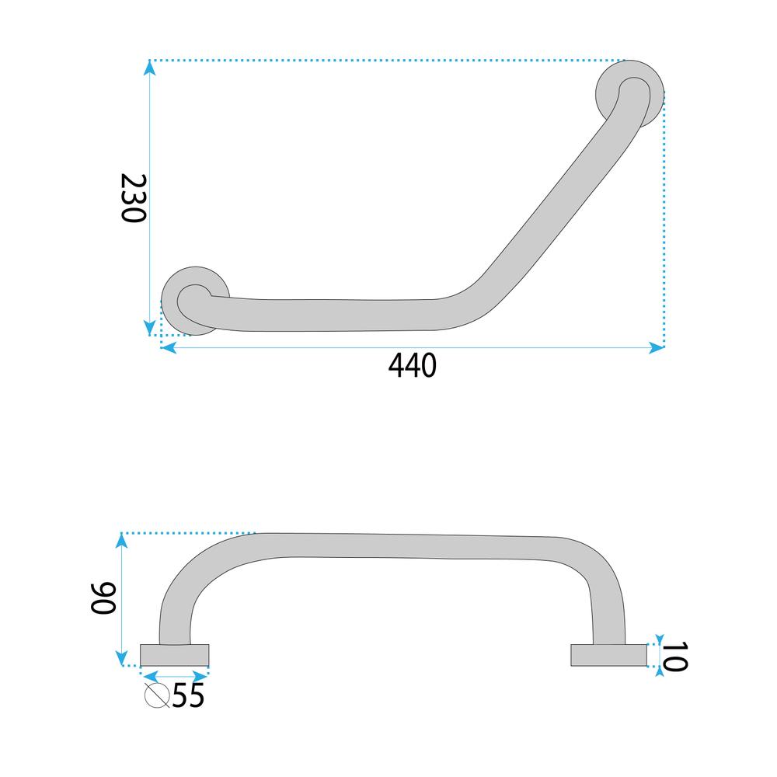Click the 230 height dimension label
(134, 198)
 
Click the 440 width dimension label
(413, 366)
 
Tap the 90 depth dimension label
(103, 598)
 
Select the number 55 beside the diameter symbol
(188, 695)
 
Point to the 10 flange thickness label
(675, 657)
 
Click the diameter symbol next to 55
(158, 695)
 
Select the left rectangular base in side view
(174, 655)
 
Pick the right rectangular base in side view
(609, 655)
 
